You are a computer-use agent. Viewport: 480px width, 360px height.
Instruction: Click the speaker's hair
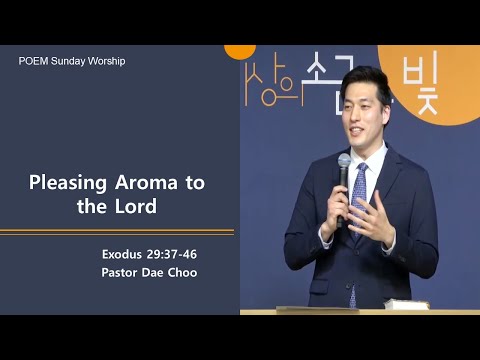(365, 83)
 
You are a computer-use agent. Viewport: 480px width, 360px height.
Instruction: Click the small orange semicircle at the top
(239, 50)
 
